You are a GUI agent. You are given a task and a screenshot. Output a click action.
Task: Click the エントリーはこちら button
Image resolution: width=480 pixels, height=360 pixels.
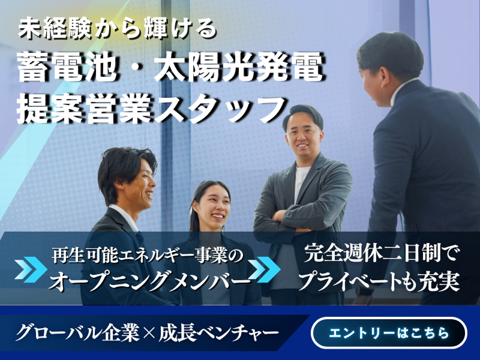click(x=389, y=333)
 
